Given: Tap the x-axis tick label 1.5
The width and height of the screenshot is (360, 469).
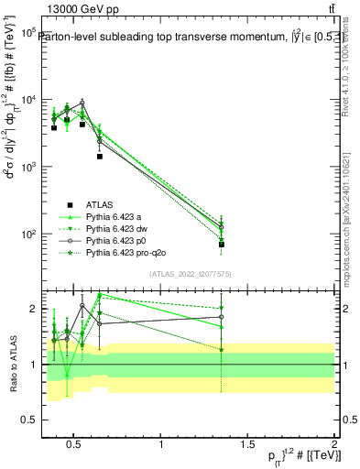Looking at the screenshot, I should click(247, 444).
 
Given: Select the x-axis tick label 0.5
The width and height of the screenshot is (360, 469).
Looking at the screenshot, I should click(76, 444).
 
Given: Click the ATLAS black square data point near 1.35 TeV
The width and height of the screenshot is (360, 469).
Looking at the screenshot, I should click(222, 245).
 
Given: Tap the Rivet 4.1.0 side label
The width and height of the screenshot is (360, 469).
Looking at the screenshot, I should click(349, 69).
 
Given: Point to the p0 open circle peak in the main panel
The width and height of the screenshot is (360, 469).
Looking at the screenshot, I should click(82, 103).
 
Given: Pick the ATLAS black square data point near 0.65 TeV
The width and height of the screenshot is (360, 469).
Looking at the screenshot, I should click(99, 157).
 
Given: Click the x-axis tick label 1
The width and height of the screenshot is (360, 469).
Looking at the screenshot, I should click(161, 444).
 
